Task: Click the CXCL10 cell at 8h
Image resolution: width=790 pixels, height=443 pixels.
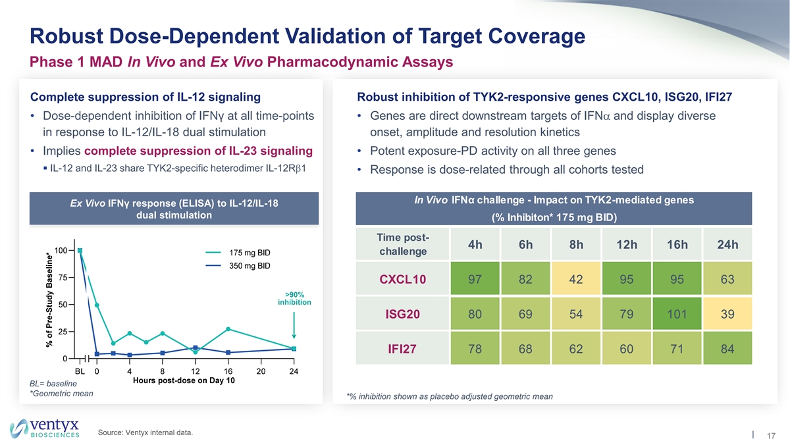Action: [577, 279]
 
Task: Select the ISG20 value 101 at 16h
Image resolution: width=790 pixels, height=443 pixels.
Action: [678, 313]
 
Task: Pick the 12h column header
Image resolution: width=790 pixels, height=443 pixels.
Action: [627, 245]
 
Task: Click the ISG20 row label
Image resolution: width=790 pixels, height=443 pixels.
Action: [402, 313]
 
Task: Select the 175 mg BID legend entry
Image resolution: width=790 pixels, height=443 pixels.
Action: [250, 253]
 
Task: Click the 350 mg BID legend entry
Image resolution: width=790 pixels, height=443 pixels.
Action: [250, 266]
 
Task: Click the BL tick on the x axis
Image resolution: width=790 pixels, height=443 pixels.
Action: [80, 371]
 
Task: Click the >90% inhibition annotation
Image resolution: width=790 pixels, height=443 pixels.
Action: [294, 298]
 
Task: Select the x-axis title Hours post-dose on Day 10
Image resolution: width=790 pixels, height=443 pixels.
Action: [184, 381]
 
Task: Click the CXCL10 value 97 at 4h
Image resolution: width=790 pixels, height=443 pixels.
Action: [475, 279]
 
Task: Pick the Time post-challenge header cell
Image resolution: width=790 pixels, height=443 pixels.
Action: [402, 245]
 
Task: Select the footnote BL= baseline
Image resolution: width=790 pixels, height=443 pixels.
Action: [49, 384]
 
